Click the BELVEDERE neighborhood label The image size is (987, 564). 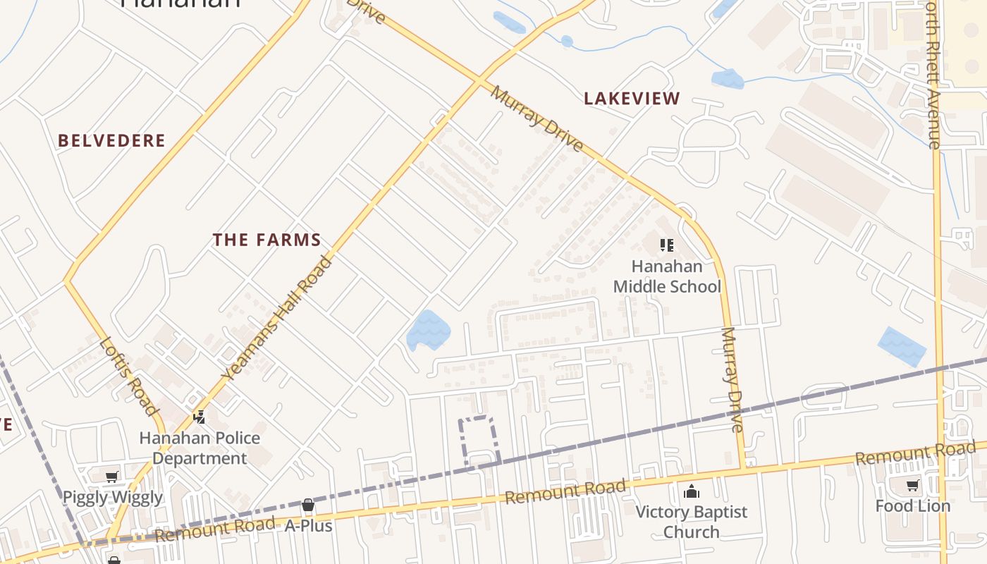[x=111, y=140]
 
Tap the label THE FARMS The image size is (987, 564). [x=267, y=240]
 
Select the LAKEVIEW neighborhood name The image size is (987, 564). [x=632, y=99]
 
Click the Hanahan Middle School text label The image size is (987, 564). [x=667, y=276]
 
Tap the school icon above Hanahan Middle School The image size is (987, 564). [x=666, y=245]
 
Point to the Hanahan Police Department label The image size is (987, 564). [x=200, y=448]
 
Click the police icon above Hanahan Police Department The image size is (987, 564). [x=200, y=417]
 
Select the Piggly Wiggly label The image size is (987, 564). [x=113, y=497]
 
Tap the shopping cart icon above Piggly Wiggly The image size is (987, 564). [x=112, y=477]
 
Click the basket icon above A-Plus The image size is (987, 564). [x=308, y=505]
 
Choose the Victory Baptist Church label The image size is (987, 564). [x=691, y=521]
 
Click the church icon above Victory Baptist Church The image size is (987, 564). [x=692, y=491]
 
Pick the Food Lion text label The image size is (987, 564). [x=913, y=505]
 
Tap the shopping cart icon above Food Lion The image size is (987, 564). [x=913, y=485]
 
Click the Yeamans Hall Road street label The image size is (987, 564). [x=277, y=319]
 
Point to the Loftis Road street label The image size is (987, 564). [x=128, y=376]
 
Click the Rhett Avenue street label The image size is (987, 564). [x=933, y=78]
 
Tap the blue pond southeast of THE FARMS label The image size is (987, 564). [x=428, y=329]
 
